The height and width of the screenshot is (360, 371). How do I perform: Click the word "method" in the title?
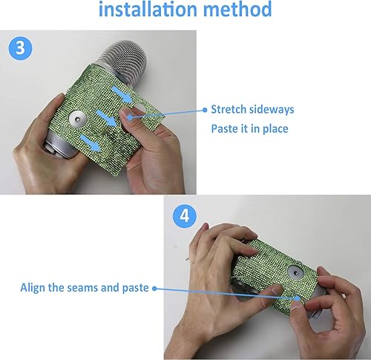234,10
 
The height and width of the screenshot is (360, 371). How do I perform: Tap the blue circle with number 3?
19,47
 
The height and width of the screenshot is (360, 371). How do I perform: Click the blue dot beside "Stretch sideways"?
205,109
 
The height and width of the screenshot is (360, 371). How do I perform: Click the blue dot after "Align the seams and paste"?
155,287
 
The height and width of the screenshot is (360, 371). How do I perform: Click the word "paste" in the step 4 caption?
134,288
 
